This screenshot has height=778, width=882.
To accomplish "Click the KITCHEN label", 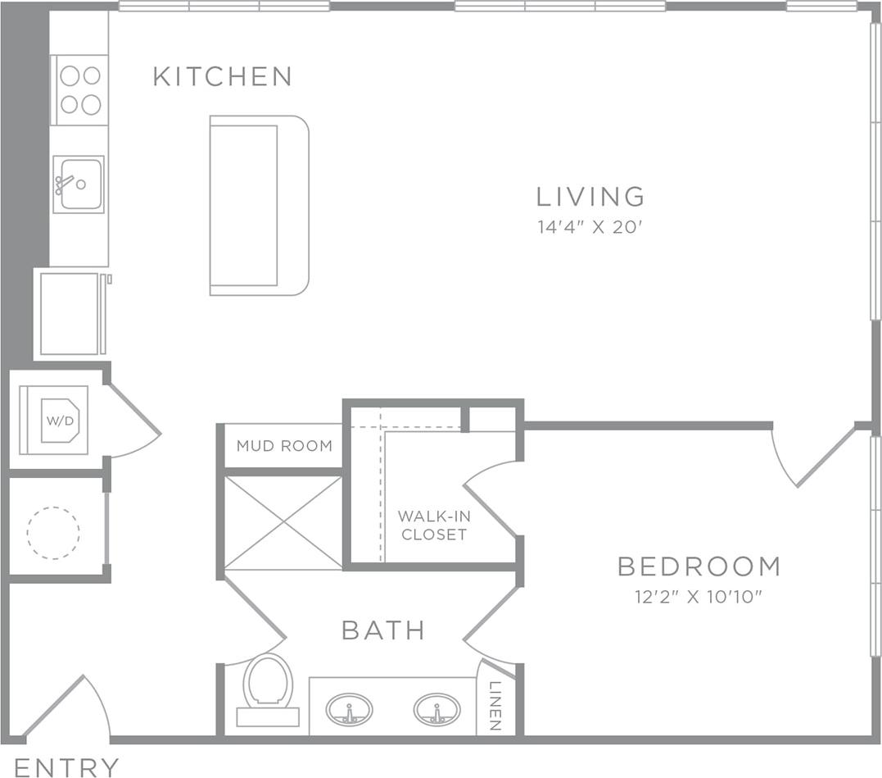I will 222,77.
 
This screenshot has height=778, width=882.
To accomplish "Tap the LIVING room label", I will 590,197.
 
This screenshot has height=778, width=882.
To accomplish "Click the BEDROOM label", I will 699,566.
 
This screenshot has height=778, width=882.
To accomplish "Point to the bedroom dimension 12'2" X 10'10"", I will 699,597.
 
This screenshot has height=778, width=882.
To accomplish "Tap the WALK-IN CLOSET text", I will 433,525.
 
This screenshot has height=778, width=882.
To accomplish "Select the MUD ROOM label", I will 284,446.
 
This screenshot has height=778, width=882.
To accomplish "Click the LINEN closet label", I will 495,706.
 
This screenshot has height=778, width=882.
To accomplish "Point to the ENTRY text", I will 66,767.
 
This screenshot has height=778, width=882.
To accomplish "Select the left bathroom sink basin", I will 350,709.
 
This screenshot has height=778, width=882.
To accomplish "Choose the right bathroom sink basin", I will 436,709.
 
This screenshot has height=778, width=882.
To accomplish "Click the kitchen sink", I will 79,184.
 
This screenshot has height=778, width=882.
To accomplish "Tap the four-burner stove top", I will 79,90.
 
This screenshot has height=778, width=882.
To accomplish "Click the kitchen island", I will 258,205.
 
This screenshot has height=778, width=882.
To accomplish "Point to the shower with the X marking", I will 283,522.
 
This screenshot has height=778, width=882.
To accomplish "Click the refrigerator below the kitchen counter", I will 70,314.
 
